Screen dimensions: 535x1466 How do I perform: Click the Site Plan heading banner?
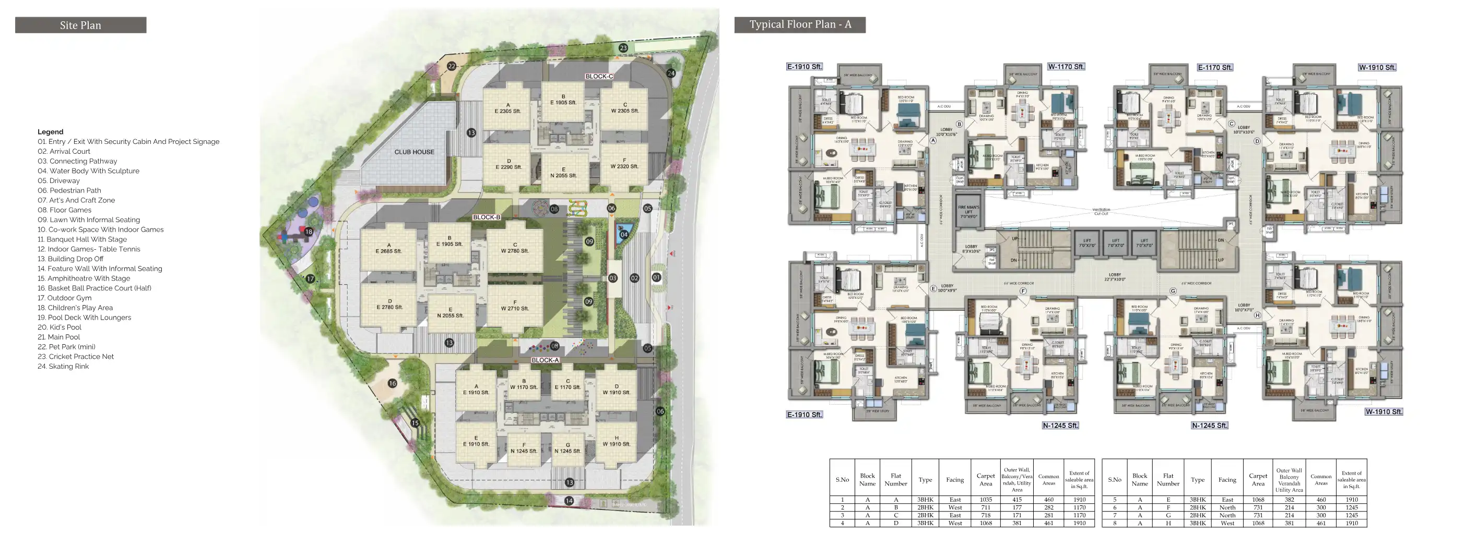pyautogui.click(x=80, y=25)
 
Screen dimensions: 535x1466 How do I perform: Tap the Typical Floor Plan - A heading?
pyautogui.click(x=800, y=25)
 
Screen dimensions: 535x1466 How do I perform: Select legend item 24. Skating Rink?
pyautogui.click(x=63, y=366)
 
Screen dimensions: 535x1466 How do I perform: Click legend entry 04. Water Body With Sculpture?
pyautogui.click(x=88, y=171)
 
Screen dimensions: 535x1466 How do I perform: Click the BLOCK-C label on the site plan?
pyautogui.click(x=599, y=76)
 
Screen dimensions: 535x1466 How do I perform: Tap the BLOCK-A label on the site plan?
pyautogui.click(x=545, y=360)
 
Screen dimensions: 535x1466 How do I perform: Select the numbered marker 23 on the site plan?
pyautogui.click(x=623, y=48)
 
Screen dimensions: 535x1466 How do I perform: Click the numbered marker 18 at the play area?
pyautogui.click(x=309, y=232)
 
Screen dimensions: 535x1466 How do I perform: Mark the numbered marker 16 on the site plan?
pyautogui.click(x=392, y=383)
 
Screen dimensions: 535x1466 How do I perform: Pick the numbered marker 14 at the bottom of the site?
pyautogui.click(x=569, y=500)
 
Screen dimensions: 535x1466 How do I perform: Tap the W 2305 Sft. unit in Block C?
pyautogui.click(x=624, y=108)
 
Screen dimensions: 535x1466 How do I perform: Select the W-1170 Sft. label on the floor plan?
pyautogui.click(x=1066, y=67)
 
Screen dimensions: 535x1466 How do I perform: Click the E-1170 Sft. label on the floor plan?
pyautogui.click(x=1214, y=67)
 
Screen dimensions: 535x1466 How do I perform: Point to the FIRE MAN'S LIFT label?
pyautogui.click(x=968, y=212)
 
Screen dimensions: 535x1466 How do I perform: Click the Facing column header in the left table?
pyautogui.click(x=954, y=480)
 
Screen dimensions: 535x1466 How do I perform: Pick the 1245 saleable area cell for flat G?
pyautogui.click(x=1351, y=515)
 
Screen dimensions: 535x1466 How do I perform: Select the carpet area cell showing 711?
pyautogui.click(x=985, y=507)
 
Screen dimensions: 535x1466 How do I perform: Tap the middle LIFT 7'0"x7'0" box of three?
pyautogui.click(x=1116, y=243)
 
